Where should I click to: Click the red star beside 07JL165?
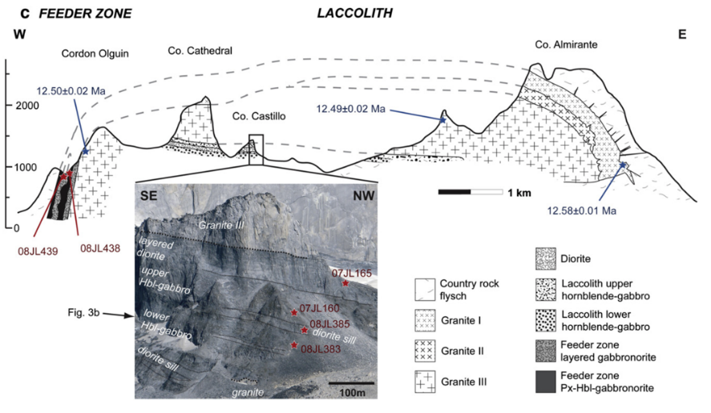pyautogui.click(x=346, y=283)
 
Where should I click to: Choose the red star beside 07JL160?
pyautogui.click(x=293, y=311)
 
